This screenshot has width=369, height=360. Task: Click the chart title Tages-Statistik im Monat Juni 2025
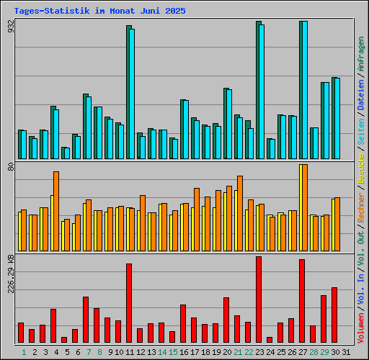click(99, 12)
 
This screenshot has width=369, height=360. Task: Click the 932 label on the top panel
click(11, 27)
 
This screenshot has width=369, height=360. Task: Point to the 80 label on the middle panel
click(11, 166)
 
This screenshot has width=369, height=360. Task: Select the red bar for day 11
click(129, 303)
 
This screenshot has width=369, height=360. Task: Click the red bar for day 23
click(259, 300)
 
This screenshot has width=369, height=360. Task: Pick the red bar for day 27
click(302, 301)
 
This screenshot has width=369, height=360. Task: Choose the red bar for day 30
click(334, 315)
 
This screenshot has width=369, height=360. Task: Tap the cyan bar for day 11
click(132, 94)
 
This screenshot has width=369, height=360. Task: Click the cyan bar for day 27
click(304, 90)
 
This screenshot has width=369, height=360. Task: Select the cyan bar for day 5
click(67, 153)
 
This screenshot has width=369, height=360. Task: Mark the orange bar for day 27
click(304, 207)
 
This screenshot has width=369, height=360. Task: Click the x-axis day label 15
click(173, 352)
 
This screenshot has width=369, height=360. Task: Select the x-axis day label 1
click(24, 352)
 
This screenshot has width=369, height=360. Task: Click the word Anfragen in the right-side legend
click(361, 55)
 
